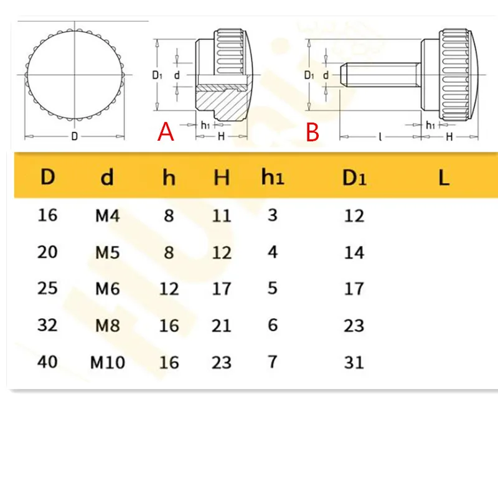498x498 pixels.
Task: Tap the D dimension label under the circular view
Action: pyautogui.click(x=74, y=137)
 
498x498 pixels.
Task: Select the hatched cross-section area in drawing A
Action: pyautogui.click(x=218, y=100)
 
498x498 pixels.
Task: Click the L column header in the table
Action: pyautogui.click(x=443, y=178)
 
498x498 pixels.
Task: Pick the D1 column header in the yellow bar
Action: pyautogui.click(x=354, y=178)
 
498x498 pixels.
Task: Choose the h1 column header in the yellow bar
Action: pyautogui.click(x=272, y=177)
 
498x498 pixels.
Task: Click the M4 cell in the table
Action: pyautogui.click(x=107, y=216)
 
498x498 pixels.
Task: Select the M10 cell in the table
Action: pyautogui.click(x=107, y=362)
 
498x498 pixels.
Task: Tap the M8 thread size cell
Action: pyautogui.click(x=107, y=325)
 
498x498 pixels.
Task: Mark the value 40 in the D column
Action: pyautogui.click(x=47, y=361)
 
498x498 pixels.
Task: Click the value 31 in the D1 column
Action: pyautogui.click(x=354, y=362)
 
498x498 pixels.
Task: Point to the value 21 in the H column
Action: pyautogui.click(x=222, y=326)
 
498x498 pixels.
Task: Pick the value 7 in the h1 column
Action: pyautogui.click(x=272, y=361)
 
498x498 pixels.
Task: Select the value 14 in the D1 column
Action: pyautogui.click(x=354, y=253)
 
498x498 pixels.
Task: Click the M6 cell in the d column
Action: pyautogui.click(x=107, y=288)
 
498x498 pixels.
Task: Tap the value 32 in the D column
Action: pyautogui.click(x=47, y=324)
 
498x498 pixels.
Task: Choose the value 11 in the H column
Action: pyautogui.click(x=222, y=216)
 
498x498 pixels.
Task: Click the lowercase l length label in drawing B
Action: pyautogui.click(x=380, y=137)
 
